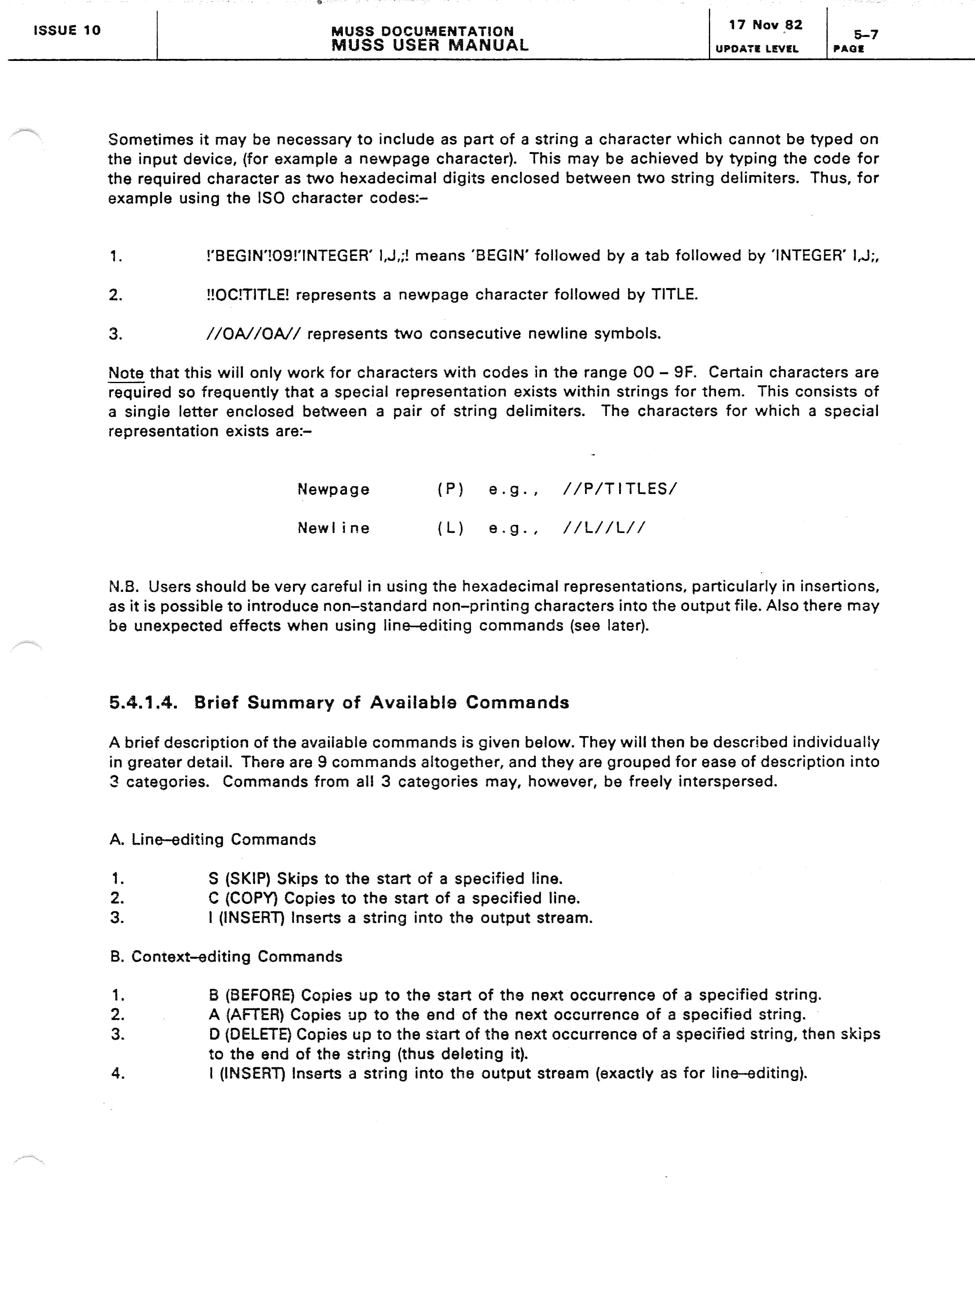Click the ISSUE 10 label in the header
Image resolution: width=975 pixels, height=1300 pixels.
click(67, 30)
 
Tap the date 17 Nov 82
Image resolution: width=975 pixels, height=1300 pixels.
click(765, 25)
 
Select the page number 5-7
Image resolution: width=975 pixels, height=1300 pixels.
click(866, 35)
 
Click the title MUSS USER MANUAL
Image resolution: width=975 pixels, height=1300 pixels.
click(430, 45)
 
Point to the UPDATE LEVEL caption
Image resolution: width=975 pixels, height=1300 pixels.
click(756, 49)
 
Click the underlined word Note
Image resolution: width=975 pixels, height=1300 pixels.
click(126, 373)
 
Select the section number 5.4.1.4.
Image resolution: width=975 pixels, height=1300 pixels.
click(143, 702)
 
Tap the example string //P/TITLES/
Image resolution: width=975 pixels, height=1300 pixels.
click(620, 489)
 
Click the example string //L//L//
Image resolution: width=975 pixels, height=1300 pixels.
click(604, 528)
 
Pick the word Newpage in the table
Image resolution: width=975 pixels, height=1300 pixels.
click(333, 489)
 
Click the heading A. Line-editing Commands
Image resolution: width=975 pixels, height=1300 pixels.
click(213, 839)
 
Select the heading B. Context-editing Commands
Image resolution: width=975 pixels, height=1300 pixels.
click(226, 956)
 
